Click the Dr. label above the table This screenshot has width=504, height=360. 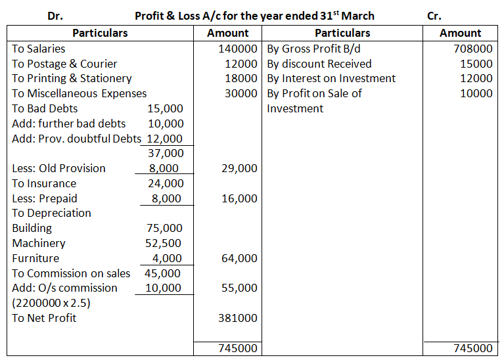click(56, 16)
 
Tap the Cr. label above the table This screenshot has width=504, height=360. click(434, 16)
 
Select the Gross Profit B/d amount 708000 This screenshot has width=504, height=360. click(472, 49)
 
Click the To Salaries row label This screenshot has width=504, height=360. click(39, 49)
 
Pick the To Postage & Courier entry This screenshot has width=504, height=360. click(64, 64)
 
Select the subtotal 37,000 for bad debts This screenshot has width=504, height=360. click(166, 153)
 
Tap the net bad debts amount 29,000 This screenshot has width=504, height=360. click(240, 168)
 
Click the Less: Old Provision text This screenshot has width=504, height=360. click(58, 168)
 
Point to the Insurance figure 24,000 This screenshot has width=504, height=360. click(166, 183)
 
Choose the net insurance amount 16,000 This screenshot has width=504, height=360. click(240, 198)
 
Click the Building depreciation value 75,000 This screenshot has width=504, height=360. click(166, 228)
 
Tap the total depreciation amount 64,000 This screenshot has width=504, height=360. click(240, 258)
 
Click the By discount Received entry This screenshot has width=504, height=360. click(319, 64)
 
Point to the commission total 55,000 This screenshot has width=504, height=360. click(240, 288)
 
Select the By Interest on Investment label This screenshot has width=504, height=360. click(331, 79)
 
